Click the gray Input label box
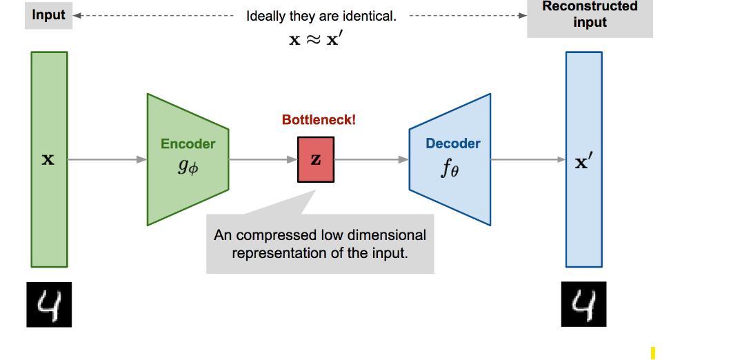[x=48, y=15]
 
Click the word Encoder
[x=188, y=144]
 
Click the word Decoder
[x=453, y=144]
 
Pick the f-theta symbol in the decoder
[x=450, y=169]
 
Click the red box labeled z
[x=316, y=159]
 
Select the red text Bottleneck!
[x=319, y=120]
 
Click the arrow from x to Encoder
[x=107, y=159]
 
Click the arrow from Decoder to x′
[x=528, y=159]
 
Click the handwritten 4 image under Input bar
[x=49, y=304]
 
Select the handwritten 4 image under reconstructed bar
[x=584, y=304]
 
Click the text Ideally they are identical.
[x=321, y=16]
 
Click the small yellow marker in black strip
[x=652, y=352]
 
